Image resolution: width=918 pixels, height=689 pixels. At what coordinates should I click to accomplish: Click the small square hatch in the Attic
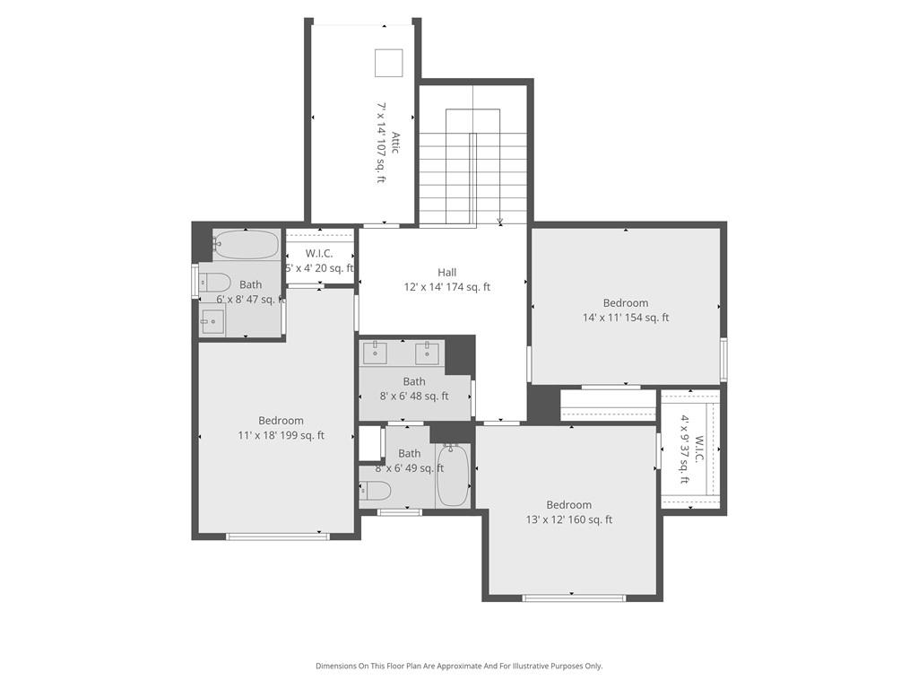(x=388, y=63)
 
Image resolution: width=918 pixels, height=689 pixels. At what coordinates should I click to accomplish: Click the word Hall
(x=446, y=273)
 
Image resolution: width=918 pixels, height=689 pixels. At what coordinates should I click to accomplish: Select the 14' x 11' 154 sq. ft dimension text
(x=626, y=318)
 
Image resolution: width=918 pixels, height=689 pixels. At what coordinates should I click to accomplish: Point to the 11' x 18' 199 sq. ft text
(x=281, y=436)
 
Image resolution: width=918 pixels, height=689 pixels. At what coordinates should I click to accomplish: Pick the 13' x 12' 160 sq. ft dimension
(x=569, y=519)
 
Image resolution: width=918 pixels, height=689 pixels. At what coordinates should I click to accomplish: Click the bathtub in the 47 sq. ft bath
(x=247, y=244)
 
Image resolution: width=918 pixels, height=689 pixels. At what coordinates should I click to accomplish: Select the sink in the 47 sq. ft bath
(x=212, y=321)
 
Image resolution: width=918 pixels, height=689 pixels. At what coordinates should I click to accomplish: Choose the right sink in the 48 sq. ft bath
(x=428, y=352)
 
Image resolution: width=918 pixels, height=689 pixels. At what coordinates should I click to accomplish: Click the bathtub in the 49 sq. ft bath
(x=452, y=475)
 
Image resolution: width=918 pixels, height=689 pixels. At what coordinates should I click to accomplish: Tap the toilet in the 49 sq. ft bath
(x=377, y=491)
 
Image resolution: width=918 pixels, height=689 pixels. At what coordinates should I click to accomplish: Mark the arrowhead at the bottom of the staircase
(x=500, y=222)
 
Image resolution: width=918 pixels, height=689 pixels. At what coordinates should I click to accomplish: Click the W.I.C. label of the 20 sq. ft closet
(x=319, y=254)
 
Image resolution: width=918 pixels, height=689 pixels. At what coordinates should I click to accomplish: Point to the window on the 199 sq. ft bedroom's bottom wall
(x=277, y=536)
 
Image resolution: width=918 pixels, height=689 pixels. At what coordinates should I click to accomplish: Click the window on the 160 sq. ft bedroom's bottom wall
(x=574, y=597)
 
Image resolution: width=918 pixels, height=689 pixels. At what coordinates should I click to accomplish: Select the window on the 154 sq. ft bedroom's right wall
(x=723, y=360)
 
